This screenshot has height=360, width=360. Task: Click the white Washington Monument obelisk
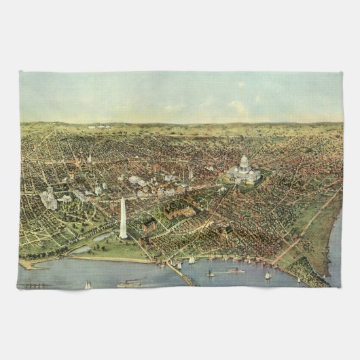[x=123, y=219]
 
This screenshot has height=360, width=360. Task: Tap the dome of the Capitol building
[x=244, y=162]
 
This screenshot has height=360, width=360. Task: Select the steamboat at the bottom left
[x=128, y=283]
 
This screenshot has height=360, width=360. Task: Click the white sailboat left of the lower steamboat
[x=88, y=285]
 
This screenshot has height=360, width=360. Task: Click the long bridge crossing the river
[x=180, y=273]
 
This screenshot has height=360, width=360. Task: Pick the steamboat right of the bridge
[x=233, y=271]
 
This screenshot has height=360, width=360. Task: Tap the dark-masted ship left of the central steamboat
[x=210, y=273]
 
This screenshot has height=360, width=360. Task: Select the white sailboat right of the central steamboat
[x=268, y=275]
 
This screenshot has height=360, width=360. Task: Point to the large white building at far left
[x=49, y=200]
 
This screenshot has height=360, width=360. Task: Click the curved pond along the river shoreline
[x=80, y=249]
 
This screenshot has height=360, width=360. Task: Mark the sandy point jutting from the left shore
[x=26, y=264]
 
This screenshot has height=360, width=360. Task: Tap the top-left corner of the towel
[x=20, y=72]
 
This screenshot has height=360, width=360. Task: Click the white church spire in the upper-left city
[x=89, y=159]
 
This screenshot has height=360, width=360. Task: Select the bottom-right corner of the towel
[x=342, y=288]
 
